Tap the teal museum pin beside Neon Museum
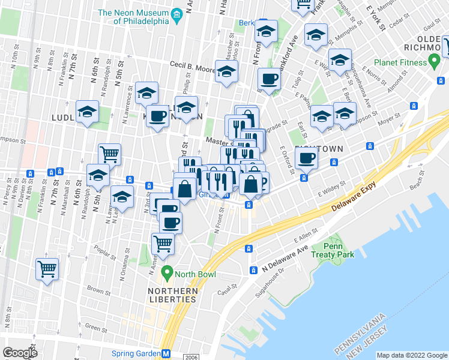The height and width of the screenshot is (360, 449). click(176, 14)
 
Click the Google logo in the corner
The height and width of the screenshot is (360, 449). click(20, 353)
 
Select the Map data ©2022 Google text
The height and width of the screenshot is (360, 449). click(412, 355)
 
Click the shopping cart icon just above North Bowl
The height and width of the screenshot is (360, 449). click(163, 243)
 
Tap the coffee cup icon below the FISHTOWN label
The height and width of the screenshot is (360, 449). click(306, 158)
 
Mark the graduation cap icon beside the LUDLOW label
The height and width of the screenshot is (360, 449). click(88, 112)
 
